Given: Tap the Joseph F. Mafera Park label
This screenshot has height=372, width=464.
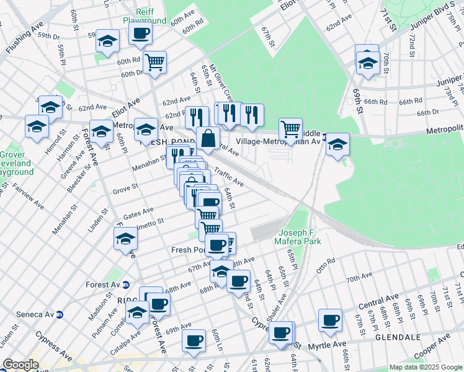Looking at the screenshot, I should pos(299,236).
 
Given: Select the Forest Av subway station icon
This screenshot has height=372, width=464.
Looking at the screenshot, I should pos(126,285).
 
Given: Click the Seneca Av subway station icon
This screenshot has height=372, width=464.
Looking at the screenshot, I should pos(60,314).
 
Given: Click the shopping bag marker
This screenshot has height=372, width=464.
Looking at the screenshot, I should pos(208,138).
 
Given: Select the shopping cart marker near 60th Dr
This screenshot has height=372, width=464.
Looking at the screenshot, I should pos(154,61).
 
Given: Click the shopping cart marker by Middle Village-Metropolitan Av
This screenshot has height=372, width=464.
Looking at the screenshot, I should pos(290,129).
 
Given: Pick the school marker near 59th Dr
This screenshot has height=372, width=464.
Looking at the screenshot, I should pos(107,42).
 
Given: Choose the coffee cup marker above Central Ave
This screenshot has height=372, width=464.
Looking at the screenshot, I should pos(330,320).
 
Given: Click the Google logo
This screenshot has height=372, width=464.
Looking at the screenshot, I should pos(21,365).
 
